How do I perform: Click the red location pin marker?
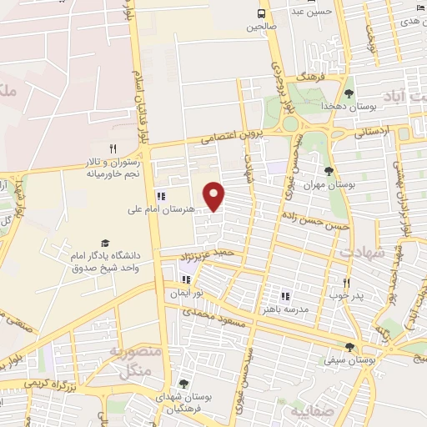point(215,196)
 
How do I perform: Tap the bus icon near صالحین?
point(262,13)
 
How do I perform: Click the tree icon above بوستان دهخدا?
point(349,93)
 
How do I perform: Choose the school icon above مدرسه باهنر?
point(285,296)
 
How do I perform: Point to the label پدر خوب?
point(344,295)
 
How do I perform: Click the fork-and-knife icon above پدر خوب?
point(346,283)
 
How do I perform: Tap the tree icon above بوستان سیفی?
point(350,347)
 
